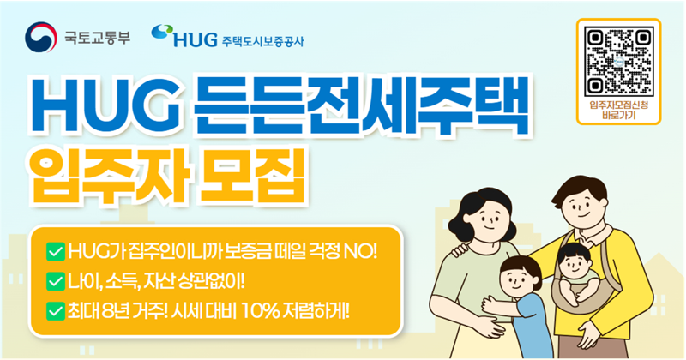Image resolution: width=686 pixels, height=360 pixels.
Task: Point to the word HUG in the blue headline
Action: [x=101, y=111]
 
